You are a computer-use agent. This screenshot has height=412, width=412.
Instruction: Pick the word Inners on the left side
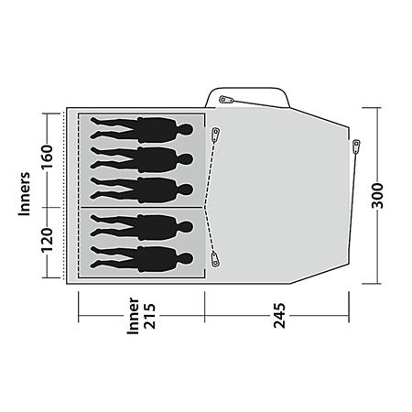(27, 194)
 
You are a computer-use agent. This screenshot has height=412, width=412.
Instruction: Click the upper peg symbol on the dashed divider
(215, 135)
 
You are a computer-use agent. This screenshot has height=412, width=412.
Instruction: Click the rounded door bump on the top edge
(249, 95)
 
